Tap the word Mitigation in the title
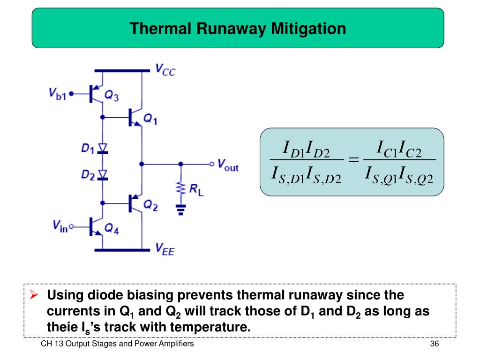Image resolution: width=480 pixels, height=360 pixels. click(307, 29)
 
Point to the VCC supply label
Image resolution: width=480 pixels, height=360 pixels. click(165, 70)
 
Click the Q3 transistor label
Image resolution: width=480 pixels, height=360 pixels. click(111, 96)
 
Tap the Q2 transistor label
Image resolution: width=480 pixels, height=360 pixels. click(150, 205)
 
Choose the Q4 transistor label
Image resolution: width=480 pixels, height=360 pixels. click(112, 228)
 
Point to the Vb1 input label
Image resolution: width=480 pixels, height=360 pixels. click(58, 93)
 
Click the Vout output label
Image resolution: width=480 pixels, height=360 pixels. click(228, 165)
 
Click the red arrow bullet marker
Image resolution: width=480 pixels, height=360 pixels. click(34, 296)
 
